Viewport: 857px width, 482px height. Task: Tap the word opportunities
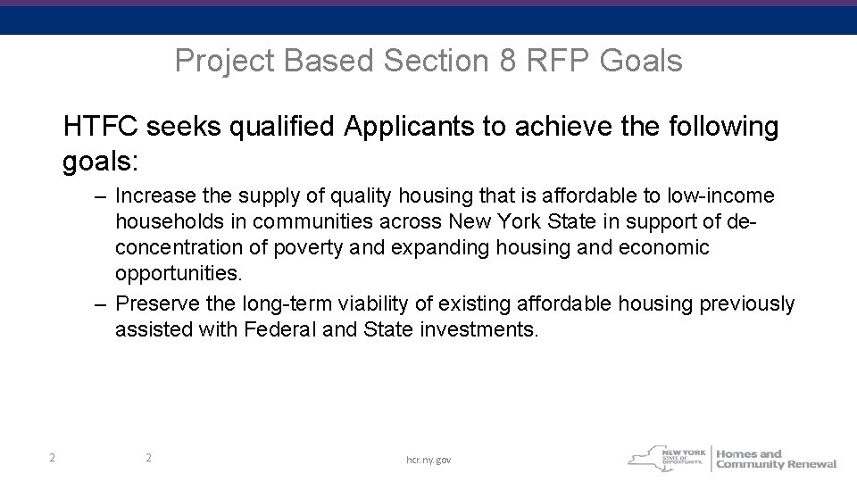179,272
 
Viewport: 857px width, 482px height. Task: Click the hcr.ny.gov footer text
428,459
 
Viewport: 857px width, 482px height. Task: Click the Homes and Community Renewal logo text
776,459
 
